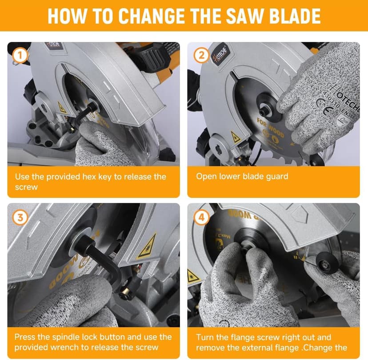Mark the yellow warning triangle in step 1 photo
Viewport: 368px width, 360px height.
coord(62,108)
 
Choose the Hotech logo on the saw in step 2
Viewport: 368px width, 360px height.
coord(220,57)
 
